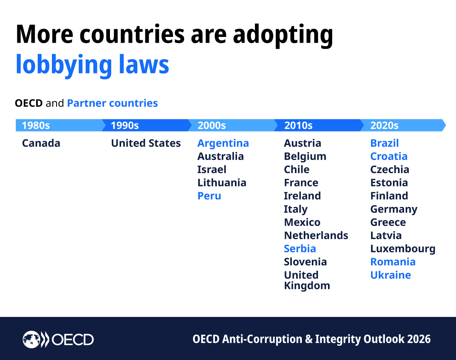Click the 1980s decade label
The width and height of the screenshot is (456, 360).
tap(36, 125)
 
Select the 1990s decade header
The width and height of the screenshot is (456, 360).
tap(125, 125)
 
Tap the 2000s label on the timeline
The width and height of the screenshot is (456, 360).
tap(211, 125)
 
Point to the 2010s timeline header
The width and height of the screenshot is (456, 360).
tap(298, 125)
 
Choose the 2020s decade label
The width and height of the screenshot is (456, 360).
tap(384, 125)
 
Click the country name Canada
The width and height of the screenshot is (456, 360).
tap(41, 143)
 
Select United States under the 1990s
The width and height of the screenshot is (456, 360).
tap(146, 143)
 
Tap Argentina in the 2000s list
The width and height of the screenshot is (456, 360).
tap(223, 143)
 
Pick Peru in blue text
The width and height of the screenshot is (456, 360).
tap(209, 196)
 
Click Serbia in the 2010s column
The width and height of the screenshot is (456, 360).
tap(300, 248)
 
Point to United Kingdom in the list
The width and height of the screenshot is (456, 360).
tap(306, 280)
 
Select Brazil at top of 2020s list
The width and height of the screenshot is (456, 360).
tap(384, 143)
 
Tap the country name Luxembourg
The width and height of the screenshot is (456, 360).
tap(403, 249)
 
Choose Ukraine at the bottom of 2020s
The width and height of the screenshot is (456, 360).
tap(390, 275)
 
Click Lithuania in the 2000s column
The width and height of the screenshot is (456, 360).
tap(222, 183)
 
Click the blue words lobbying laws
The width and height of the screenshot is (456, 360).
tap(92, 65)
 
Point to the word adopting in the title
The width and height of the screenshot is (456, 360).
tap(283, 35)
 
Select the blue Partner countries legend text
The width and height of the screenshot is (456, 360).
tap(112, 103)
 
